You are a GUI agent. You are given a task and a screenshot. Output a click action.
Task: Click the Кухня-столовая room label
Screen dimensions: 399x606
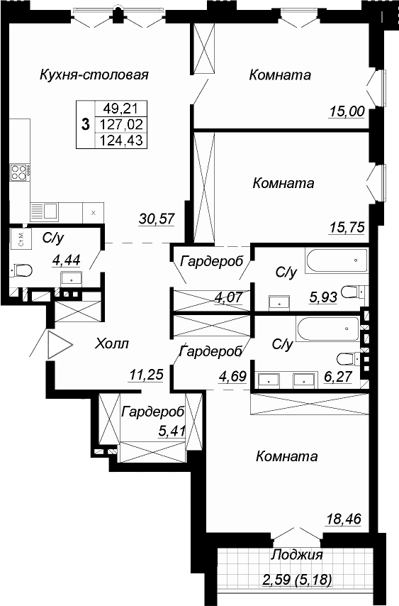click(94, 75)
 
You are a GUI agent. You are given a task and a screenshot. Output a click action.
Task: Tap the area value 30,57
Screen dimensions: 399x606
click(157, 219)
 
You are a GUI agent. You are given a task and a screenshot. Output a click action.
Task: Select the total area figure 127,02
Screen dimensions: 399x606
click(121, 124)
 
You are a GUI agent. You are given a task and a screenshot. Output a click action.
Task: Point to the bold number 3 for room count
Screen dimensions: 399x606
click(85, 124)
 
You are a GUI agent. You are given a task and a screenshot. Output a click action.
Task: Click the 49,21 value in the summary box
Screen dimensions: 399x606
click(121, 109)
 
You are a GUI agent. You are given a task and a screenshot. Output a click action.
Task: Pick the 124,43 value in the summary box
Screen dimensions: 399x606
click(121, 140)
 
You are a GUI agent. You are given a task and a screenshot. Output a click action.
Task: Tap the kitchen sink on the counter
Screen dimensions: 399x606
click(45, 211)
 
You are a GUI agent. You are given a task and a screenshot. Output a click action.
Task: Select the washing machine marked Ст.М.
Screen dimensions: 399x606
click(20, 239)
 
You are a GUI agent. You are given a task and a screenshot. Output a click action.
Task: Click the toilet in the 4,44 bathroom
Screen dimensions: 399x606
click(21, 270)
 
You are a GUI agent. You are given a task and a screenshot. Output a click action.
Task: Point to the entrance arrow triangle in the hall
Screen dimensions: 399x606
click(59, 345)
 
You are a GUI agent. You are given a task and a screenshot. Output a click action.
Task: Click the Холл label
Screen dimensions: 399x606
click(112, 343)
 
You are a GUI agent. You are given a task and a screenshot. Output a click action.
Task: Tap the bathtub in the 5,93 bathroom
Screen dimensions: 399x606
click(337, 261)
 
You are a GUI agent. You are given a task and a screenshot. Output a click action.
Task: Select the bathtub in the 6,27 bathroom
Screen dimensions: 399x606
click(328, 329)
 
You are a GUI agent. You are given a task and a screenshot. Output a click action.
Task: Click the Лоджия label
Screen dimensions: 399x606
click(297, 555)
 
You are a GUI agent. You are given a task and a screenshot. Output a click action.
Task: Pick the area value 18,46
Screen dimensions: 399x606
click(344, 518)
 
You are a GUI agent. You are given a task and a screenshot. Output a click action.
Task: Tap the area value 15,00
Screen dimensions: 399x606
click(347, 111)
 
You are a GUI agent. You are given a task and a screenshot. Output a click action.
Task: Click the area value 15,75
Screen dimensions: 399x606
click(347, 227)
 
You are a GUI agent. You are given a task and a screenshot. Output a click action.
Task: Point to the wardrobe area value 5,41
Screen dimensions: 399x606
click(172, 430)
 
